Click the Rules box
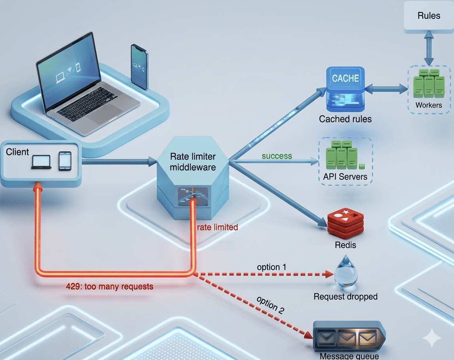[x=429, y=16]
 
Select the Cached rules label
[x=345, y=119]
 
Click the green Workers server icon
[x=429, y=84]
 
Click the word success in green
[x=277, y=156]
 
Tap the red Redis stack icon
[x=345, y=223]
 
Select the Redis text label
[x=345, y=245]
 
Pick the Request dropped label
[x=345, y=296]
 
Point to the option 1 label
[x=271, y=267]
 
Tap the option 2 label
[x=270, y=305]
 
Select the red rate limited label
[x=218, y=227]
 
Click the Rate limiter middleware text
[x=193, y=162]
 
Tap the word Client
[x=17, y=152]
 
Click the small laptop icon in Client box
[x=41, y=161]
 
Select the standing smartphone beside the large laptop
[x=139, y=67]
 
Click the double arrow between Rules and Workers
[x=429, y=48]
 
